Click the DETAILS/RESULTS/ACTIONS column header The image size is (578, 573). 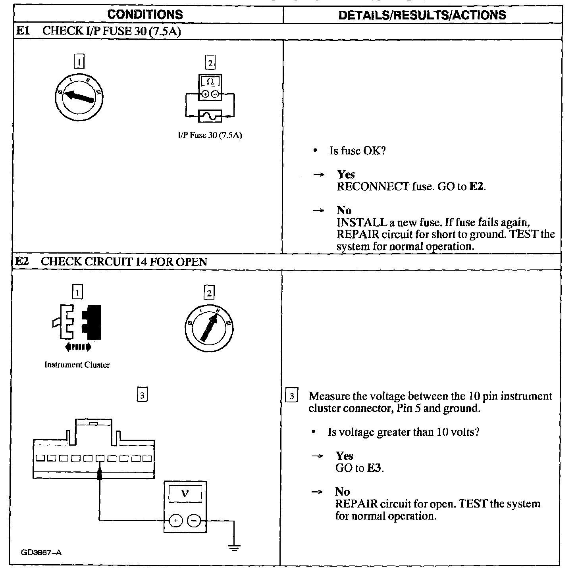[x=422, y=15]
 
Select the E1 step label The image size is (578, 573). [x=22, y=31]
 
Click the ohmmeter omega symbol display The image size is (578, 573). [x=210, y=82]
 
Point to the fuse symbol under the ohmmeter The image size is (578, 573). [x=210, y=116]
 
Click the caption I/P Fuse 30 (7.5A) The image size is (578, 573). [x=210, y=135]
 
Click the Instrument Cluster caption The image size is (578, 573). [x=77, y=365]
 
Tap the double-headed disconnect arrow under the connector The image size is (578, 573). [x=78, y=347]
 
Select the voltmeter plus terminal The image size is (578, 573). [x=176, y=520]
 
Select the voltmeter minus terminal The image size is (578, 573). [x=194, y=520]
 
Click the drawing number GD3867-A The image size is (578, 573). [x=42, y=552]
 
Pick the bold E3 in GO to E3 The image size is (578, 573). [x=375, y=468]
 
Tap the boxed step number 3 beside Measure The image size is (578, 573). [x=292, y=396]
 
